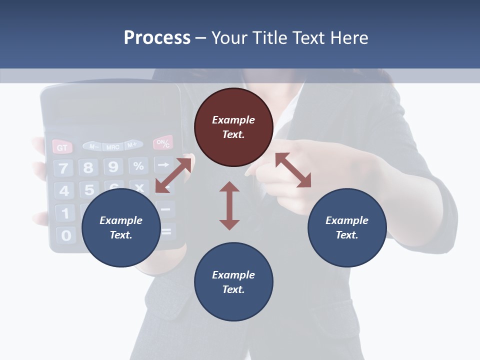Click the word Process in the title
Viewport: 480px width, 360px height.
[157, 38]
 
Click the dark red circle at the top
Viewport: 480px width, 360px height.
[233, 127]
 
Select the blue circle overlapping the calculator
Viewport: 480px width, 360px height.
[121, 227]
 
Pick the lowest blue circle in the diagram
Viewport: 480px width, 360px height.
[233, 282]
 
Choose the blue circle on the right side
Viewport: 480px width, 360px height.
[347, 227]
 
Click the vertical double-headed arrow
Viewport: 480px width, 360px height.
[229, 205]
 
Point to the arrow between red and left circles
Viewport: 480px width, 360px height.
[173, 175]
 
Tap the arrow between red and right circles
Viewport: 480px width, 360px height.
[293, 170]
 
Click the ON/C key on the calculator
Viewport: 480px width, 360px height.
[163, 143]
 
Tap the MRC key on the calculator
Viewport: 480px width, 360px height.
[113, 146]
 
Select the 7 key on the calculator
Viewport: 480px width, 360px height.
[63, 168]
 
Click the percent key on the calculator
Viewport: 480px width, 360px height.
[138, 165]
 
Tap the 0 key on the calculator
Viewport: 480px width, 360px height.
[66, 235]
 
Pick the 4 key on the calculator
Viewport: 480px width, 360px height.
[64, 191]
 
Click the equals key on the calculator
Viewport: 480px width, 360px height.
[166, 231]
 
